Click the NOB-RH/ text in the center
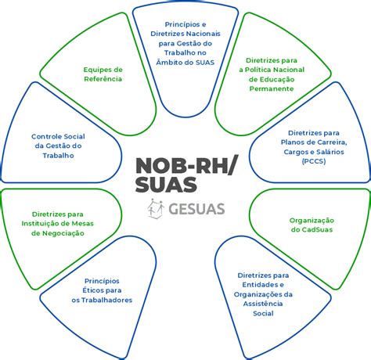pos(186,166)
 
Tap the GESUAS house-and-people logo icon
pos(156,209)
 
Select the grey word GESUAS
pos(196,209)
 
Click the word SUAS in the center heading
pos(166,184)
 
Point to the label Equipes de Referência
pos(103,74)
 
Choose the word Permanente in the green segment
pos(272,88)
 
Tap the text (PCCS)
pos(314,161)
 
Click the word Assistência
pos(263,304)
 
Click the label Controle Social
pos(58,136)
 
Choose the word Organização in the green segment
pos(312,221)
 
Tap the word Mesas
pos(83,224)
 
